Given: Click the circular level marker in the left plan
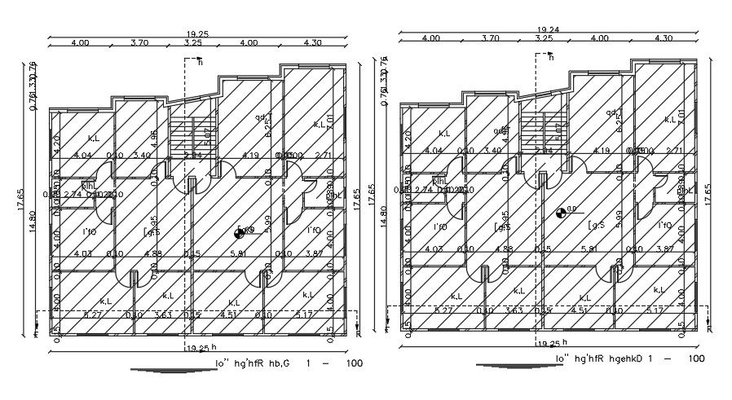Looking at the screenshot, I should click(x=240, y=233).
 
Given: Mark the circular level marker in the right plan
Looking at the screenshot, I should click(x=561, y=213).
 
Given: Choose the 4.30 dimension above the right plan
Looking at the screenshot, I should click(x=664, y=38).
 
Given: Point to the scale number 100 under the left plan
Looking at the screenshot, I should click(x=354, y=363).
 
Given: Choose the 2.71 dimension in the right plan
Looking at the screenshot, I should click(x=674, y=151).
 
